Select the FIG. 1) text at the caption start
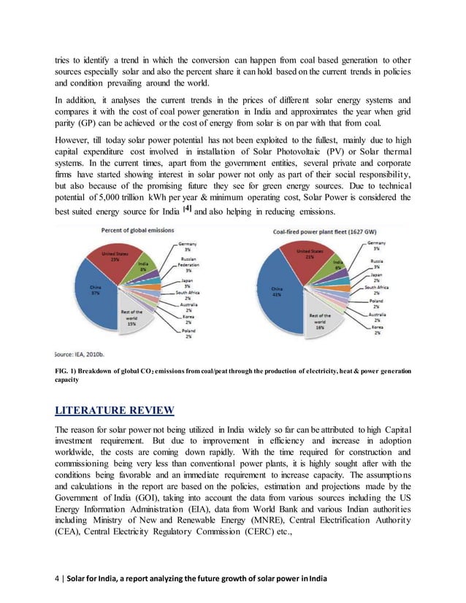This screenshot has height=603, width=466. click(x=66, y=372)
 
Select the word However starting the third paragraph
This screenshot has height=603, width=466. click(x=72, y=138)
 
